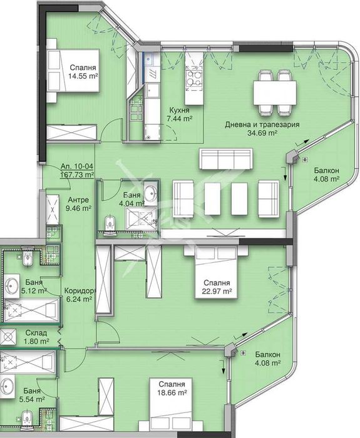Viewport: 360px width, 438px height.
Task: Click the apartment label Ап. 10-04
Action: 73,167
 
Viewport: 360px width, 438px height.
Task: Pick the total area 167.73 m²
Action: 73,176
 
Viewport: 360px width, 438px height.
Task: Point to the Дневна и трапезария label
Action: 262,125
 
